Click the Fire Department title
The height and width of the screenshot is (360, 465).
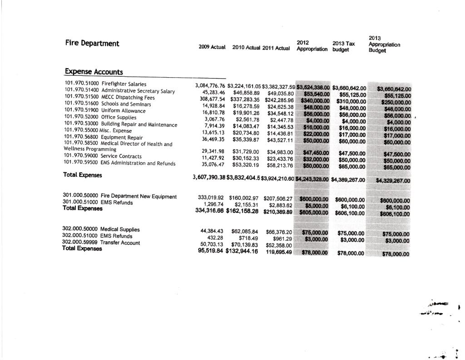(92, 44)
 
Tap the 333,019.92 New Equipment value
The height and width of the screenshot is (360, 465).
(212, 198)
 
